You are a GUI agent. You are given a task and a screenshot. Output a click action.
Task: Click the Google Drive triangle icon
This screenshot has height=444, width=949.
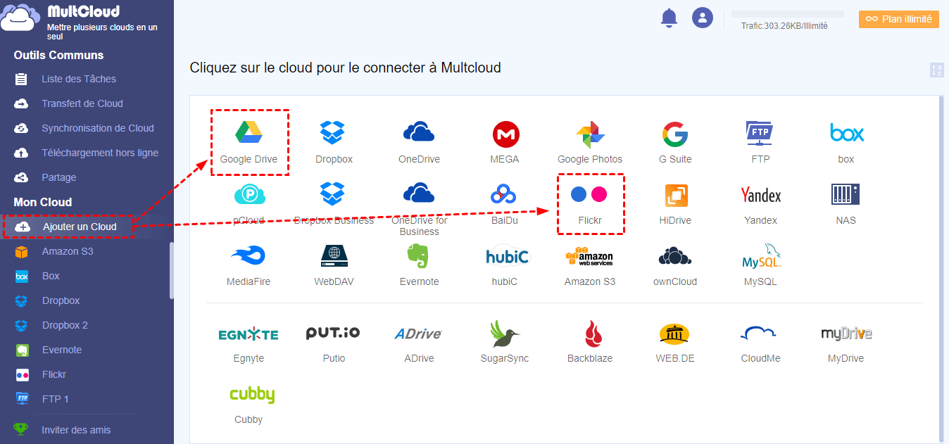(x=249, y=132)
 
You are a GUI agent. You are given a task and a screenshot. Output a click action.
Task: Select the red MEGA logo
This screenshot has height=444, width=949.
(x=505, y=133)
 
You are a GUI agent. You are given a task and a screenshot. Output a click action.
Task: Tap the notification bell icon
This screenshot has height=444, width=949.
(x=669, y=18)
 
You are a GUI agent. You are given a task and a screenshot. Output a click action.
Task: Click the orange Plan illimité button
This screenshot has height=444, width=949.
(x=899, y=19)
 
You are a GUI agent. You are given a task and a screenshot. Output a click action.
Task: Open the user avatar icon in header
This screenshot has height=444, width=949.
(x=703, y=18)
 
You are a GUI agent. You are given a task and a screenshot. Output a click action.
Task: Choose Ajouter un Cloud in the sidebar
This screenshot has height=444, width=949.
(x=79, y=227)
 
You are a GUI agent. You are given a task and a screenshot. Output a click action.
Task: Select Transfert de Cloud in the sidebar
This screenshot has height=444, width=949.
(x=82, y=103)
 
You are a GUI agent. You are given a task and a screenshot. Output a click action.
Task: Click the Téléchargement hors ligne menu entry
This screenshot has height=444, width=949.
(x=99, y=153)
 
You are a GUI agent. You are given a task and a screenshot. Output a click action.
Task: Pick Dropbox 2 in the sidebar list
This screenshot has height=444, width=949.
(x=65, y=325)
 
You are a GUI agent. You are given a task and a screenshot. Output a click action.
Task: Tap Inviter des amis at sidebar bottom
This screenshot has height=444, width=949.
(x=76, y=430)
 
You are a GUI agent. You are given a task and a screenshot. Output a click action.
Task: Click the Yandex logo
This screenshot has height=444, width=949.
(x=761, y=195)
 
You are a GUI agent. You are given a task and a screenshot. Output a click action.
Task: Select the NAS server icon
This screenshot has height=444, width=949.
(x=846, y=194)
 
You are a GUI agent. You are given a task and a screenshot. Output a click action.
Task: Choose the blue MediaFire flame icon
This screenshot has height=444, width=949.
(x=248, y=255)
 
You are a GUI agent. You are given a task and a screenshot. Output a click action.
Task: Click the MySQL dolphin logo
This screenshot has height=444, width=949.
(x=761, y=256)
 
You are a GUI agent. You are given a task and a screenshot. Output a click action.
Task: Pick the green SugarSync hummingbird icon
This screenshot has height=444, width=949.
(x=505, y=333)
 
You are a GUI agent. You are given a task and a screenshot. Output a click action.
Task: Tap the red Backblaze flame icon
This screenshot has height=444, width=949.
(x=590, y=333)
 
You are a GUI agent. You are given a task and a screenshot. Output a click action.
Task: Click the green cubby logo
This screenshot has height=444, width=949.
(x=251, y=394)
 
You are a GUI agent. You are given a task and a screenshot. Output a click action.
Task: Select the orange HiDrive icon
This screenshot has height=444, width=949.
(x=676, y=195)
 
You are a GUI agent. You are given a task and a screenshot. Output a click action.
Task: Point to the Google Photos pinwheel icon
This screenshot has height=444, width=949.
(x=590, y=133)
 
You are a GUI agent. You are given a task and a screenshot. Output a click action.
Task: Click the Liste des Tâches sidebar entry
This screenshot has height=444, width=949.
(x=79, y=79)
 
